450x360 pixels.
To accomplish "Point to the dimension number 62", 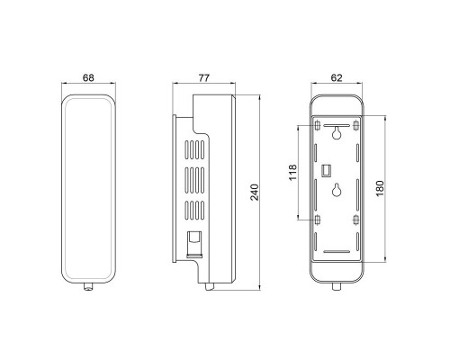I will (337, 77).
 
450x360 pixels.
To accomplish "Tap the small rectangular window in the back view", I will (328, 168).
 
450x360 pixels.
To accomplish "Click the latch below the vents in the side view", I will (191, 243).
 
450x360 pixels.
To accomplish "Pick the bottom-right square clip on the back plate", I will (356, 219).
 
